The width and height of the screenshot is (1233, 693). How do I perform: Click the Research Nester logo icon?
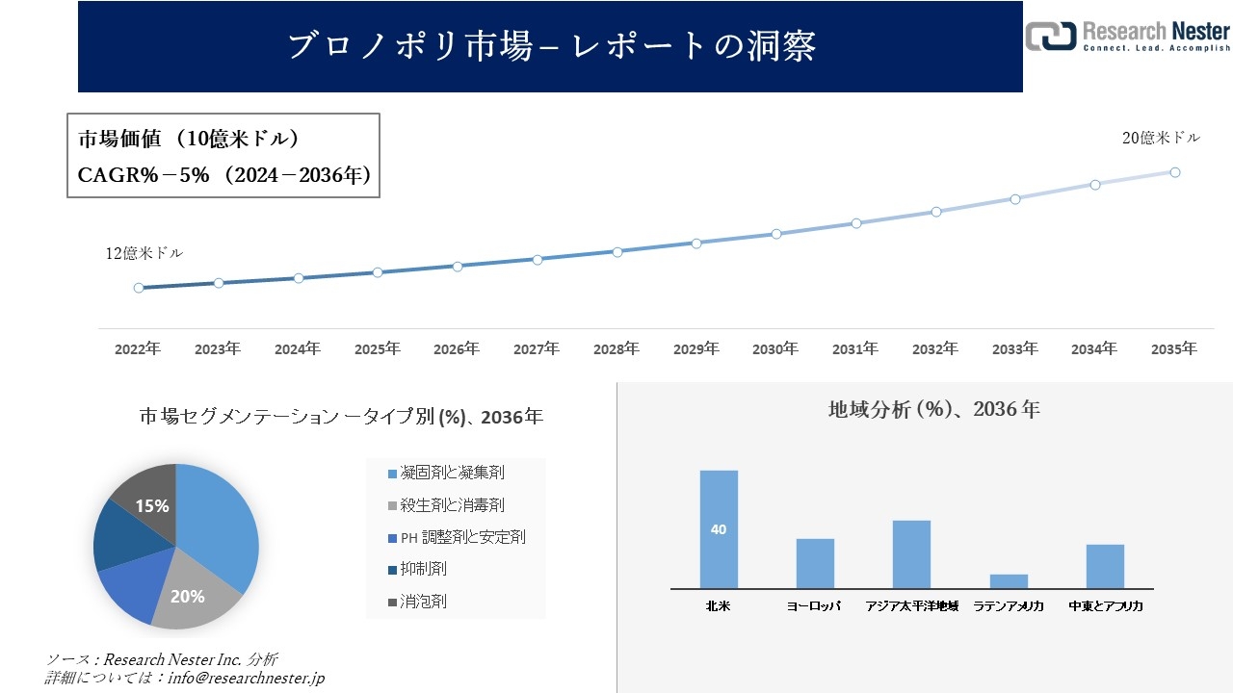(x=1051, y=36)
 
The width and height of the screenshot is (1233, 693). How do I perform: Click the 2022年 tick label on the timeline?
(x=138, y=349)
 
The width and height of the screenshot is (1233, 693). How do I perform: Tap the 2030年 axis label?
(x=775, y=349)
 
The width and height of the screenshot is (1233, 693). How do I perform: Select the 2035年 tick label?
(x=1174, y=349)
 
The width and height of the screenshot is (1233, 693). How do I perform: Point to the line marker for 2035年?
(x=1175, y=172)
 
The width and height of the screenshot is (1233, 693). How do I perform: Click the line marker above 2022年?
(x=139, y=288)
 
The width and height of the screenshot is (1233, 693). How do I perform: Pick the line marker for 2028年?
(x=617, y=251)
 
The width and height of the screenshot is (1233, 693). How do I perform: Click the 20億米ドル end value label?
(x=1161, y=138)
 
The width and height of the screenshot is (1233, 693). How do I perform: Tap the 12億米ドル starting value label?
(x=144, y=253)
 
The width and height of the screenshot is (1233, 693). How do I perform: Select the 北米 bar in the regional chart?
(x=719, y=529)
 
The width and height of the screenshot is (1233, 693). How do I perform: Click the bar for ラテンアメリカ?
(x=1009, y=581)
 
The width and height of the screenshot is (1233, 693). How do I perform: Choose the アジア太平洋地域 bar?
(x=911, y=554)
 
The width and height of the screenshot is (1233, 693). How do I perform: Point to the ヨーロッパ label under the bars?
(x=814, y=606)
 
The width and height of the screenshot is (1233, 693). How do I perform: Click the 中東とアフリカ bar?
(x=1105, y=566)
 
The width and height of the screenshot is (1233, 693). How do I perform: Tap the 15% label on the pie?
(x=152, y=505)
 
